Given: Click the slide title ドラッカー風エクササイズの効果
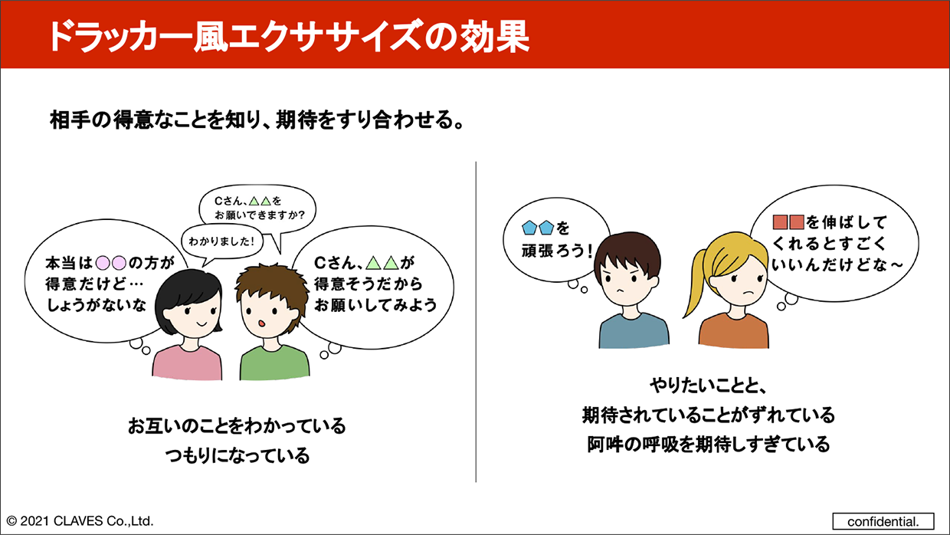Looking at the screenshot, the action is click(x=290, y=37).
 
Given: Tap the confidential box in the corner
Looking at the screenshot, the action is click(x=883, y=521).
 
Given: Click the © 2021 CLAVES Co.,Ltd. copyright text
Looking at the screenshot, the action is click(x=80, y=521).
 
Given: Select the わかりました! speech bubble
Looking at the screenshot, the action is click(x=222, y=241).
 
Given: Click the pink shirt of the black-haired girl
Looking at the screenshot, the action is click(x=187, y=363).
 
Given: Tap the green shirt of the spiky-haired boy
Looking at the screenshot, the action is click(x=274, y=363).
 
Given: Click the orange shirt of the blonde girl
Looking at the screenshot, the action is click(x=734, y=332).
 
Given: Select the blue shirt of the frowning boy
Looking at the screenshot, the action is click(x=634, y=332).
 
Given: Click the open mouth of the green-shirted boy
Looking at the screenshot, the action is click(x=262, y=323).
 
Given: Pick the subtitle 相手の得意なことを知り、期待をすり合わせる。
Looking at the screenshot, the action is click(x=257, y=120).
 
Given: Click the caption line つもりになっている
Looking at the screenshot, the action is click(x=237, y=455).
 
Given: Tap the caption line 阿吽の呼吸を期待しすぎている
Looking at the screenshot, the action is click(x=708, y=445).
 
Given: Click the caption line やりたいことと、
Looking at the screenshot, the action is click(x=708, y=386).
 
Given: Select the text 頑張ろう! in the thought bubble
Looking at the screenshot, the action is click(x=557, y=251).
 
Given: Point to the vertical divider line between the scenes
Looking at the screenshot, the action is click(x=476, y=322).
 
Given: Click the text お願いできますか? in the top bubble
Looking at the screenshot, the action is click(x=260, y=215).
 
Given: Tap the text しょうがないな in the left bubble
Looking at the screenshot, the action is click(x=97, y=305).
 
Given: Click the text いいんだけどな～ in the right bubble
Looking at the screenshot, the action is click(x=837, y=264).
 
